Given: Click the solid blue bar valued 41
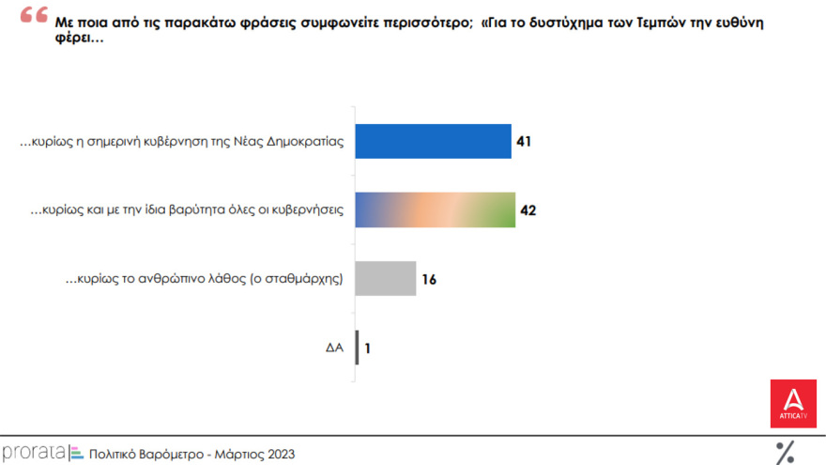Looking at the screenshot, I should tap(433, 141).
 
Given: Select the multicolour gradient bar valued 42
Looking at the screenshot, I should tap(435, 209).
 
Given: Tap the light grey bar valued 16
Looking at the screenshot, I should tap(385, 278).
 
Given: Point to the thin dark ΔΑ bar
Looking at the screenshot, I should tap(357, 347).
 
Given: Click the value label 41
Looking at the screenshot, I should tap(525, 142).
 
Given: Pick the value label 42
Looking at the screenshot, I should tap(528, 210).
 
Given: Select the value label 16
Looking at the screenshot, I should tap(429, 279).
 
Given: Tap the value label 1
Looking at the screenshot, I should tap(368, 348).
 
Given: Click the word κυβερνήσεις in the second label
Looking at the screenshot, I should tap(309, 210).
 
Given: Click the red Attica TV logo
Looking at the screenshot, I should tap(793, 403).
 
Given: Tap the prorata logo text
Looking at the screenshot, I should tap(34, 453).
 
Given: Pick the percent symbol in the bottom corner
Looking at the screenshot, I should tap(785, 452).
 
